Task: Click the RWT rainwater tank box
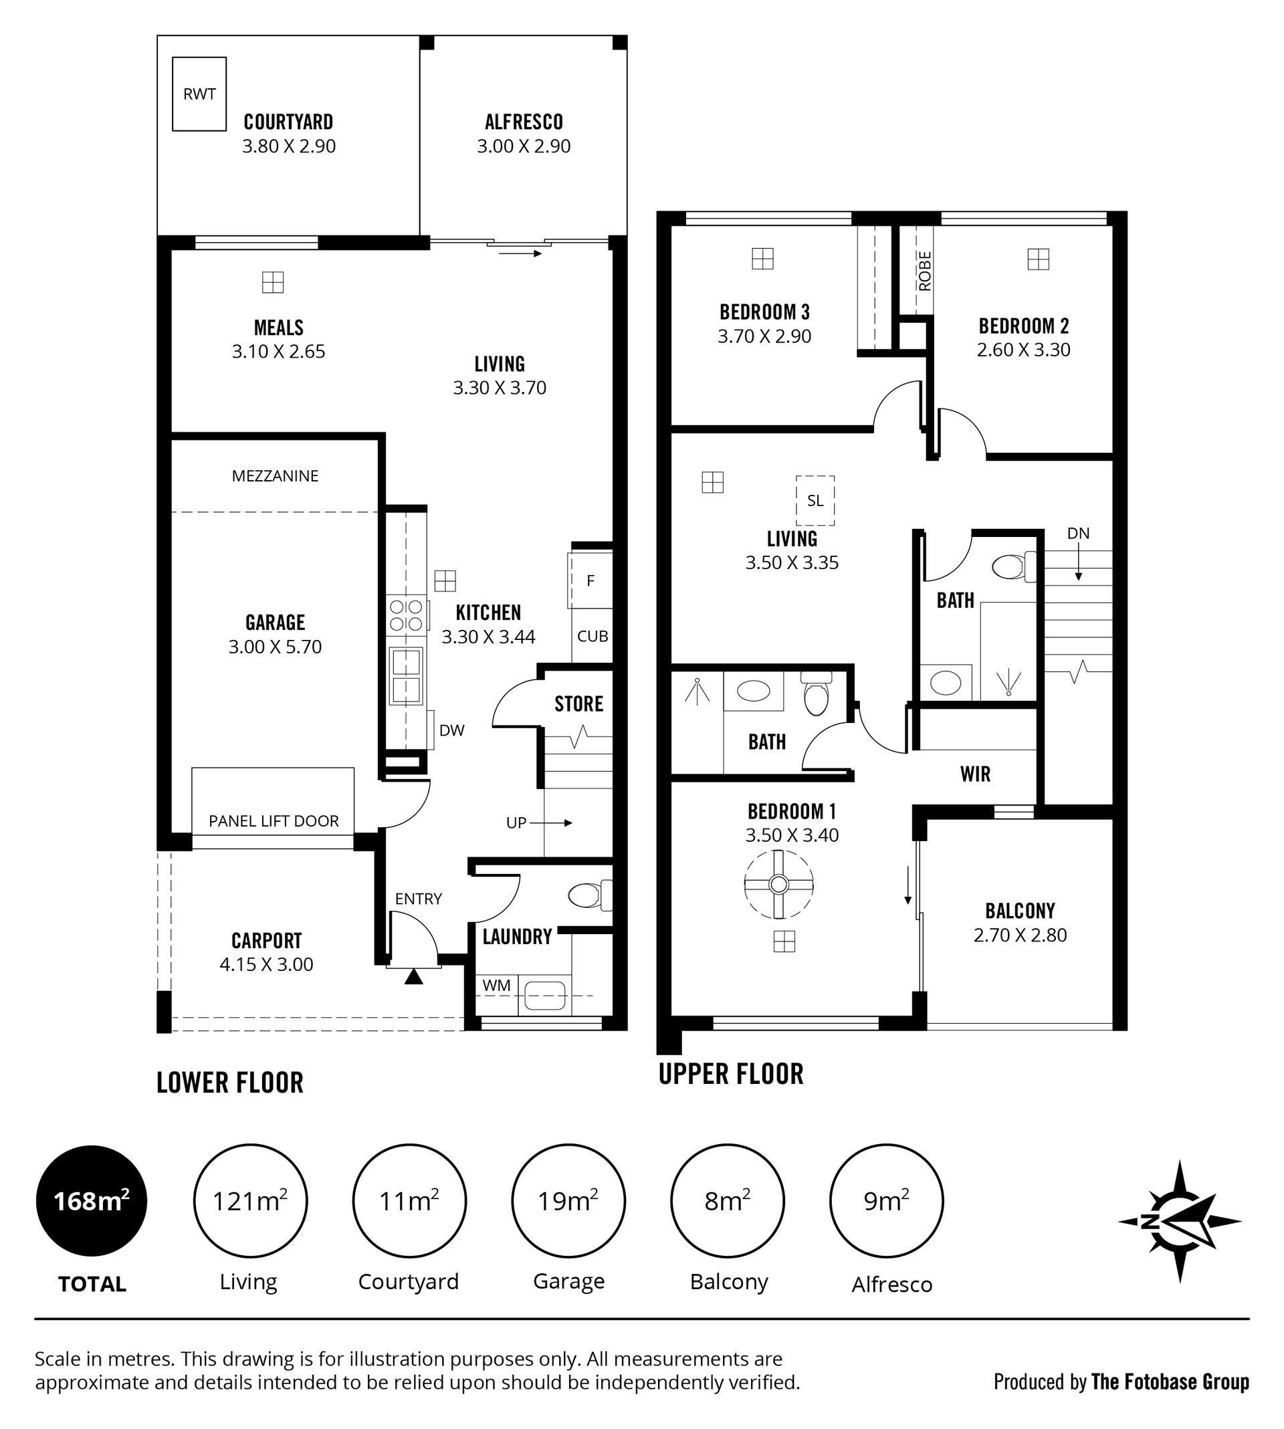click(x=200, y=94)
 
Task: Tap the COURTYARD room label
click(x=288, y=122)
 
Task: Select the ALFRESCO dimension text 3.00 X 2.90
click(x=524, y=146)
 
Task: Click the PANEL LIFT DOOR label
click(x=274, y=821)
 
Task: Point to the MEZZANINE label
click(x=275, y=476)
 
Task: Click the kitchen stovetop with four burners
click(x=407, y=615)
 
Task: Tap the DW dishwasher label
click(x=452, y=731)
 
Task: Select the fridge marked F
click(x=591, y=580)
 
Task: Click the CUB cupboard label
click(x=593, y=636)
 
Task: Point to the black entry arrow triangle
click(x=413, y=977)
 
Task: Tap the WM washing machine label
click(x=497, y=986)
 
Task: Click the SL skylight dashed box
click(x=816, y=501)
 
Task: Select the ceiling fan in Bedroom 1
click(x=779, y=884)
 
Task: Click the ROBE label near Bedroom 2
click(x=925, y=271)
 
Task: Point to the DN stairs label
click(x=1078, y=533)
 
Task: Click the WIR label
click(x=975, y=774)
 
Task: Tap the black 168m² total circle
click(x=92, y=1200)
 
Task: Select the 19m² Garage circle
click(x=568, y=1200)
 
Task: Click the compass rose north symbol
click(x=1180, y=1222)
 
